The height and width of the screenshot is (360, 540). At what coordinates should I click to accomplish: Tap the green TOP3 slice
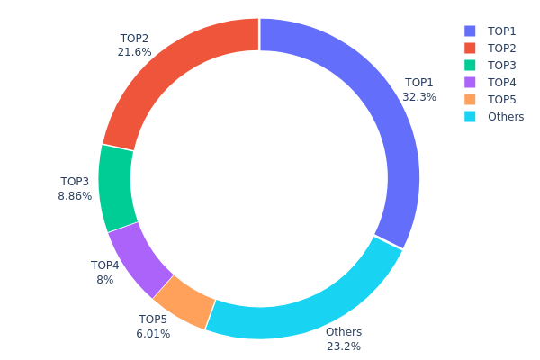click(115, 187)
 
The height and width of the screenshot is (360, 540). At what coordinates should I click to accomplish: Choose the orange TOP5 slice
click(184, 301)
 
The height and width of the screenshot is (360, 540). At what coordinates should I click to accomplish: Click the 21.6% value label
click(134, 52)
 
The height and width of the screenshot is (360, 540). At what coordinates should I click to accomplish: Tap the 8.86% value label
click(76, 196)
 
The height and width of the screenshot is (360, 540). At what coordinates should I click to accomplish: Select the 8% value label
click(104, 280)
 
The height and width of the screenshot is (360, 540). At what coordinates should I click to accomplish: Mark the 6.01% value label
click(153, 334)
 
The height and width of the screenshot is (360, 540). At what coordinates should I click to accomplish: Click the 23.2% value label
click(343, 346)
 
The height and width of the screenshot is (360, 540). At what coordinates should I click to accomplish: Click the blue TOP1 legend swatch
click(470, 31)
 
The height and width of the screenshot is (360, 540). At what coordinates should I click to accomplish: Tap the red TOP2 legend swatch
click(470, 48)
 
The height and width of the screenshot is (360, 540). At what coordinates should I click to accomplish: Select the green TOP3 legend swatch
click(470, 65)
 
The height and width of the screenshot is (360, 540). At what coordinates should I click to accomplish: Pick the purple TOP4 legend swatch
click(470, 82)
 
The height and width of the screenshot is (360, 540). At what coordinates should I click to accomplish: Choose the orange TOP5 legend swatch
click(470, 99)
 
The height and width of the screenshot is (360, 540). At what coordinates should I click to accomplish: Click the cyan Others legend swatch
click(470, 116)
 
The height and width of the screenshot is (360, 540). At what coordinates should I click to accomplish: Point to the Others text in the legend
click(506, 116)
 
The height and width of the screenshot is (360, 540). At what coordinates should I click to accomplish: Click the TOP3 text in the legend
click(502, 65)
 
